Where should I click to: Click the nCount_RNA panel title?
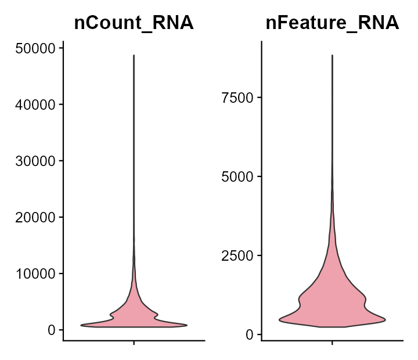tap(134, 23)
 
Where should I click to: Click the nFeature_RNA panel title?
tap(332, 23)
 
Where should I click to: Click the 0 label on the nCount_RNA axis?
tap(52, 330)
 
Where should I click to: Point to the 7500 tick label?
tap(237, 97)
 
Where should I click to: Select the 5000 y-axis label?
tap(237, 177)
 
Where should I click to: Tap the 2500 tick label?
tap(237, 255)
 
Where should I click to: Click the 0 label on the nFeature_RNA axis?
tap(250, 334)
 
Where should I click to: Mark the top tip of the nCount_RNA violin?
tap(134, 56)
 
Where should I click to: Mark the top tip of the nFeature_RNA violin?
tap(332, 55)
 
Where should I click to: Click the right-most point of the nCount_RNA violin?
tap(187, 325)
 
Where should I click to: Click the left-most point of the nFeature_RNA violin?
tap(279, 319)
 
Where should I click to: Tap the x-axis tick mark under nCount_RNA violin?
tap(134, 343)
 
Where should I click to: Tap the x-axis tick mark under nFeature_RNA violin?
tap(332, 343)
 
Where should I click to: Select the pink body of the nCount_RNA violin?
tap(134, 314)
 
